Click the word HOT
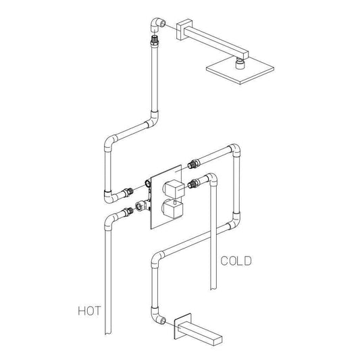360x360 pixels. click(89, 311)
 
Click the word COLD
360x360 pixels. click(236, 261)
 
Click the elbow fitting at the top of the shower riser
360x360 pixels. click(157, 25)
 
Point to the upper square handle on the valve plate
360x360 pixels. click(174, 188)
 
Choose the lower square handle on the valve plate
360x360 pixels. click(173, 209)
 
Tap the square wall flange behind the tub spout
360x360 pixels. click(183, 326)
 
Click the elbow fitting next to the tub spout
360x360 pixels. click(157, 316)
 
